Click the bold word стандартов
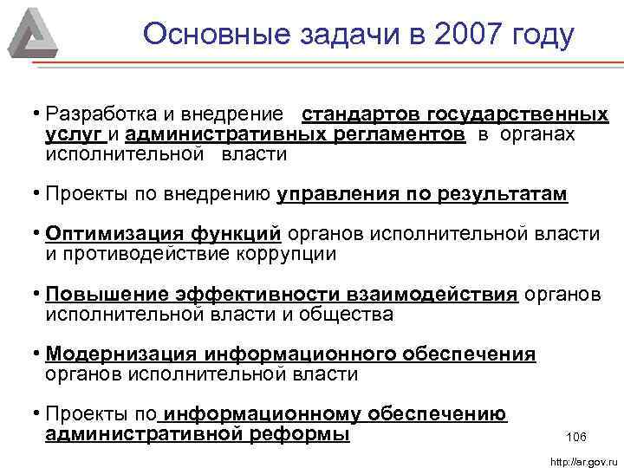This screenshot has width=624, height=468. (x=360, y=115)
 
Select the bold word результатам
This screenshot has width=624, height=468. (x=500, y=195)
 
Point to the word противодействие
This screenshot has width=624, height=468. (x=146, y=255)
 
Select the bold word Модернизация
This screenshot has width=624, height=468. (x=123, y=354)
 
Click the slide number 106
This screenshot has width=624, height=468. (x=575, y=435)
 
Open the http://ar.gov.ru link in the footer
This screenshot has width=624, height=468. (x=582, y=461)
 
